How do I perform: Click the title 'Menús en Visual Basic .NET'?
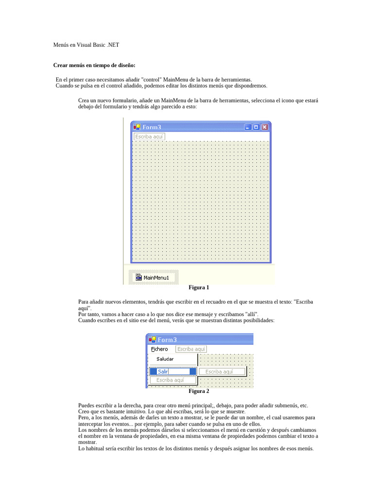pyautogui.click(x=86, y=45)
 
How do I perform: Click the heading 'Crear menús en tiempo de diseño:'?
pyautogui.click(x=94, y=65)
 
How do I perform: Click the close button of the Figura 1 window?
pyautogui.click(x=265, y=127)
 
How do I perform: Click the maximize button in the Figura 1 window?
pyautogui.click(x=256, y=127)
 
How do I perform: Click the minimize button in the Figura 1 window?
pyautogui.click(x=248, y=127)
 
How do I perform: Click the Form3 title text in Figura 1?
pyautogui.click(x=152, y=127)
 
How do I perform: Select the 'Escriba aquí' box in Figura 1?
pyautogui.click(x=149, y=137)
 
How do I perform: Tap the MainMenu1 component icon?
pyautogui.click(x=138, y=277)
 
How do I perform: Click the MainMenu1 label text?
pyautogui.click(x=156, y=278)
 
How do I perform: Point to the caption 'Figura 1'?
pyautogui.click(x=199, y=287)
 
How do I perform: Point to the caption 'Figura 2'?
pyautogui.click(x=199, y=391)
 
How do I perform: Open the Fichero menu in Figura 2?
pyautogui.click(x=159, y=349)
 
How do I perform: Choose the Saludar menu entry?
pyautogui.click(x=165, y=359)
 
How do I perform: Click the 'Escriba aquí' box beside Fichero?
pyautogui.click(x=191, y=349)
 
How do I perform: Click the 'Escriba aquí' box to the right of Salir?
pyautogui.click(x=221, y=372)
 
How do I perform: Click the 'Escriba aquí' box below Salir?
pyautogui.click(x=170, y=380)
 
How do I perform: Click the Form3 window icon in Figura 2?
pyautogui.click(x=152, y=339)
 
